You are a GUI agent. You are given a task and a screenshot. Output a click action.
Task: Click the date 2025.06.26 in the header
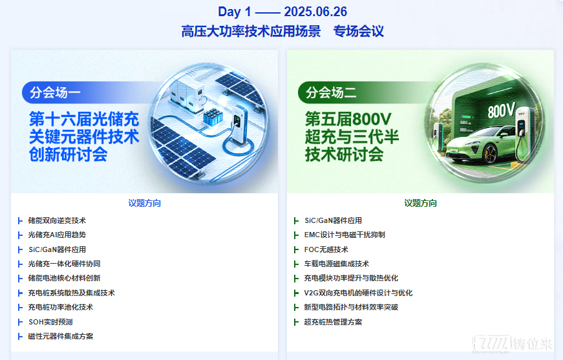(315, 12)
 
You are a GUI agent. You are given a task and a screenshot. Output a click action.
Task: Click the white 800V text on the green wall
(501, 110)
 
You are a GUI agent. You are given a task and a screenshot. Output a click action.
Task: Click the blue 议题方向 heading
(144, 203)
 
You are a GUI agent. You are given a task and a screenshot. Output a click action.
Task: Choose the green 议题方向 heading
(420, 203)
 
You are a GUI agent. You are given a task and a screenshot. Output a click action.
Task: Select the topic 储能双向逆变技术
(57, 220)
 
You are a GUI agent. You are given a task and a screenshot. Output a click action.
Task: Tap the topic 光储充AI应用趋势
(57, 235)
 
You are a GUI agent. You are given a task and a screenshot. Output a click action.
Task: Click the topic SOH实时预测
(50, 322)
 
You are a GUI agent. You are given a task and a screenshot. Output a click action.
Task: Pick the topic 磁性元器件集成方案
(61, 336)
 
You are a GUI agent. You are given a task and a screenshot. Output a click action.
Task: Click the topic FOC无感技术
(326, 249)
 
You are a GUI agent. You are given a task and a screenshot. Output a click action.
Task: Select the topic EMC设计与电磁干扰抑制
(345, 235)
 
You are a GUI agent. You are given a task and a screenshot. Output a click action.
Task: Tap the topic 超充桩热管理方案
(333, 322)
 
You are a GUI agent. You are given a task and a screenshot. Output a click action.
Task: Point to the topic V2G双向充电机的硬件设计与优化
(358, 293)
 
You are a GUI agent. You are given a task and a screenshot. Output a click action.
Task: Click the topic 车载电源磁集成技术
(337, 264)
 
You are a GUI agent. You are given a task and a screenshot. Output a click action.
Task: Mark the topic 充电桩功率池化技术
(61, 307)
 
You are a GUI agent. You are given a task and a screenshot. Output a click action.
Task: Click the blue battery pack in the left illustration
(213, 117)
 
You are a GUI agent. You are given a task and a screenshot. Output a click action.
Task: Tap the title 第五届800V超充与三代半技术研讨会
(352, 137)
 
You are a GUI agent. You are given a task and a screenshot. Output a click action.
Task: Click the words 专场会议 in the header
(358, 31)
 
